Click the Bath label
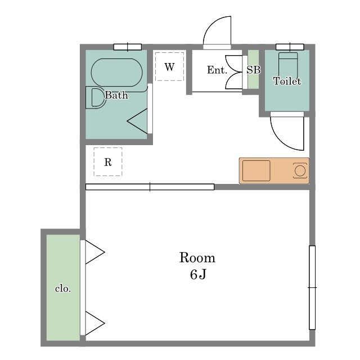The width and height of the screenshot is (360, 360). pyautogui.click(x=116, y=95)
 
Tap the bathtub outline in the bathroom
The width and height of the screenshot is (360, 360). pyautogui.click(x=116, y=59)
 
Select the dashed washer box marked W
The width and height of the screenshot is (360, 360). pyautogui.click(x=169, y=66)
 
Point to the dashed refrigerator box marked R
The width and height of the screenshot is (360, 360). pyautogui.click(x=108, y=162)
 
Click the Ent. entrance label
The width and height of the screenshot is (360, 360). pyautogui.click(x=217, y=70)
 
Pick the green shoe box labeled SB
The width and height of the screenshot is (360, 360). pyautogui.click(x=254, y=69)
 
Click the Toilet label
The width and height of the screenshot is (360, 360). pyautogui.click(x=287, y=81)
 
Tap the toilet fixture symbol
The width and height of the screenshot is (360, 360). pyautogui.click(x=288, y=66)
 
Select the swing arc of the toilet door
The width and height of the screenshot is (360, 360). pyautogui.click(x=281, y=140)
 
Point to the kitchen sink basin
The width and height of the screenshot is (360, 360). pyautogui.click(x=256, y=170)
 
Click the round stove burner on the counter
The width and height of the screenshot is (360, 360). pyautogui.click(x=300, y=170)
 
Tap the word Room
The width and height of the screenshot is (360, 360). pyautogui.click(x=197, y=258)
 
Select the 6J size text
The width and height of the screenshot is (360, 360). pyautogui.click(x=198, y=274)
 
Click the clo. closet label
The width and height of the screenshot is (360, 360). pyautogui.click(x=63, y=289)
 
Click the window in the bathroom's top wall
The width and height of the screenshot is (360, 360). pyautogui.click(x=128, y=47)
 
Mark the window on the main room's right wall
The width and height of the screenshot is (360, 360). pyautogui.click(x=312, y=287)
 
